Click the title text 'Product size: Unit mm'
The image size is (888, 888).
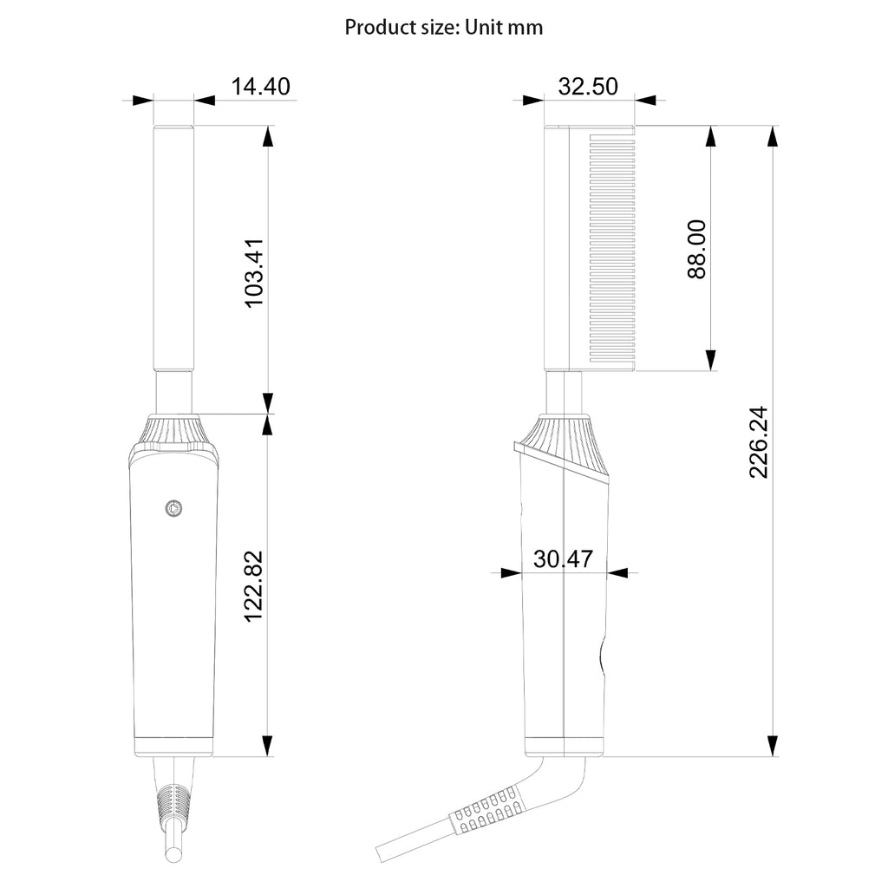(443, 27)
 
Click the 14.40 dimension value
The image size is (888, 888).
(260, 86)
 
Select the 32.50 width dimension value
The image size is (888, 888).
(588, 86)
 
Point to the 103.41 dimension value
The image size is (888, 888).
(254, 273)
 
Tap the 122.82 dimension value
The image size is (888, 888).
(254, 585)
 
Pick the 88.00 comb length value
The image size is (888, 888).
(697, 249)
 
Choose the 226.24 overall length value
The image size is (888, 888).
(758, 442)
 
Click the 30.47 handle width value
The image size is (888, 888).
(563, 559)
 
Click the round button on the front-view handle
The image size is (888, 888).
(173, 508)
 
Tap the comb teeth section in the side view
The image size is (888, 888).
(612, 248)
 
